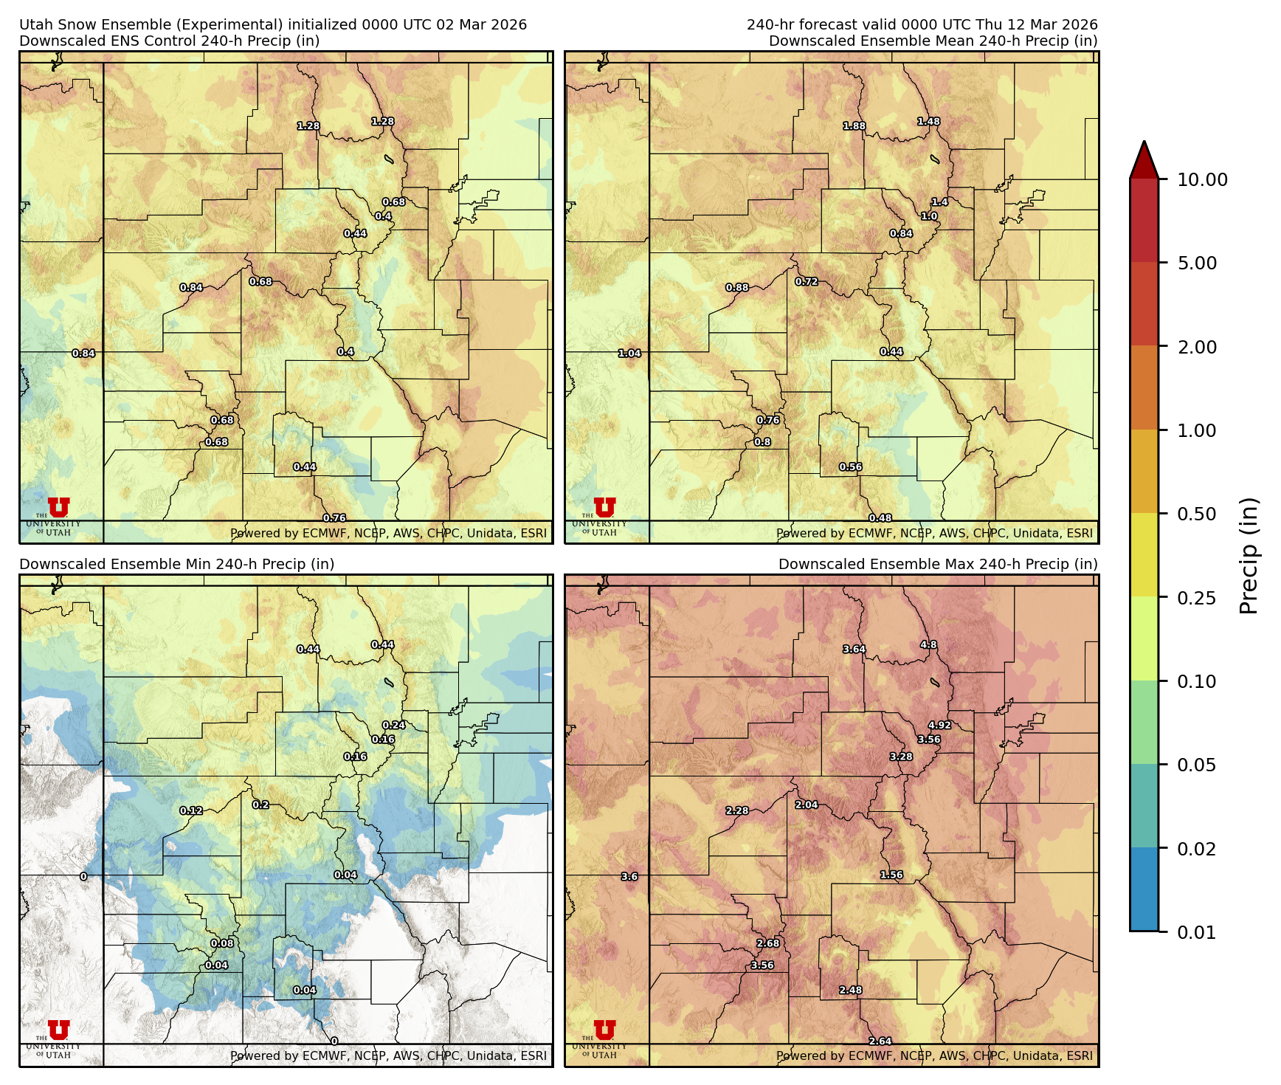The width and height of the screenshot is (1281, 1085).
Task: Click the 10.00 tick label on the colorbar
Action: (1202, 179)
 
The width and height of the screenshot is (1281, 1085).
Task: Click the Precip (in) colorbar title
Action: (1248, 556)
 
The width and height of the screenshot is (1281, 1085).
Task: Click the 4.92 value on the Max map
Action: (939, 725)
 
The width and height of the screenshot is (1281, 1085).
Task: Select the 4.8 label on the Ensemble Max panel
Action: (928, 644)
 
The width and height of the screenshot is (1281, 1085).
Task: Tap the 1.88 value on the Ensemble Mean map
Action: (854, 126)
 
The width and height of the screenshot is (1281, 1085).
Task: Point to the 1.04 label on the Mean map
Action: (629, 354)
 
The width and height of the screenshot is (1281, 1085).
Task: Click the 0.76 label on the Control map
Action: (334, 518)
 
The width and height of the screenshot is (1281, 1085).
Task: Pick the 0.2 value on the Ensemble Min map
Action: (260, 805)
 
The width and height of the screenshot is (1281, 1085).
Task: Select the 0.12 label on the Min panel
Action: (191, 810)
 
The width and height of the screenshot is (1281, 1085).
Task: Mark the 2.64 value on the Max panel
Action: (880, 1041)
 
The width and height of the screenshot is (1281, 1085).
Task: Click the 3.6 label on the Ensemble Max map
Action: (629, 877)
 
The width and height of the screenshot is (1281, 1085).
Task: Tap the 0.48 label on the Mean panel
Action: (880, 518)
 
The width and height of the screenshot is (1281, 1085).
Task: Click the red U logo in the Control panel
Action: (58, 508)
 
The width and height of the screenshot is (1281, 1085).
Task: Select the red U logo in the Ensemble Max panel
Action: (604, 1030)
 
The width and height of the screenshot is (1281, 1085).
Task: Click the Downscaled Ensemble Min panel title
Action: (177, 564)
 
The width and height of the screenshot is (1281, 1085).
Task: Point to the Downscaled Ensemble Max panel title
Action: (938, 564)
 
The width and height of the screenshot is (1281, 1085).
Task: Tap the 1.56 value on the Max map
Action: (891, 875)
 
